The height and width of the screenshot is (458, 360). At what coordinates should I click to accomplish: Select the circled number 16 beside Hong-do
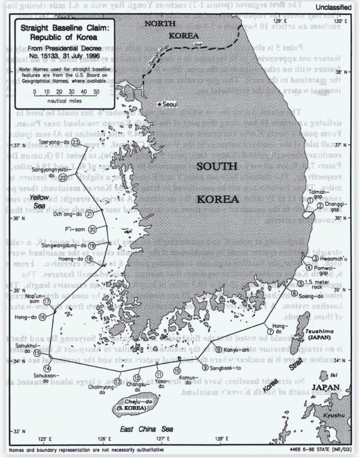42,317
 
